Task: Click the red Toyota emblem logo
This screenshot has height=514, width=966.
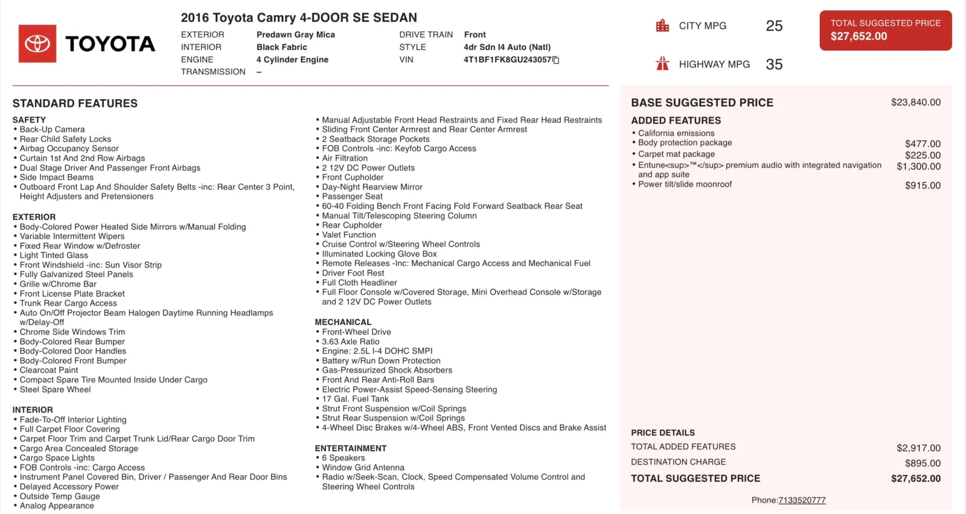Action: click(x=37, y=43)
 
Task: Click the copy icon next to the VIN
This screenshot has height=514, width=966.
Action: click(x=556, y=60)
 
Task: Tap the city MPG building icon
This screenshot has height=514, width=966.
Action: click(x=662, y=25)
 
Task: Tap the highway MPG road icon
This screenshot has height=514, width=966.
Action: click(x=662, y=63)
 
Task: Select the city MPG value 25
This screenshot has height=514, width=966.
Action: click(x=774, y=26)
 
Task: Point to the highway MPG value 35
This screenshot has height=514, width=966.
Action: click(x=774, y=65)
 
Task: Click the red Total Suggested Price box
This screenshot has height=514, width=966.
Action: click(x=885, y=30)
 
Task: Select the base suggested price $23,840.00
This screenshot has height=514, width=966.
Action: click(x=915, y=103)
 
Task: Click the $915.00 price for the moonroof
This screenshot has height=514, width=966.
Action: click(x=923, y=185)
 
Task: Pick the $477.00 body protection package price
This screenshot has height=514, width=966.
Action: click(x=923, y=144)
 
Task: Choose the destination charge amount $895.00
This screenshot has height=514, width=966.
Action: click(x=923, y=463)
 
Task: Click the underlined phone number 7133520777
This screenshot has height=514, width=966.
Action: click(x=802, y=500)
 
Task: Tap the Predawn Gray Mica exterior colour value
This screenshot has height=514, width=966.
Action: click(x=296, y=35)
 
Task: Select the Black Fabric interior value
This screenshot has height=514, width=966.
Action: click(x=282, y=47)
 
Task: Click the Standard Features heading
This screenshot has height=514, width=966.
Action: click(x=75, y=103)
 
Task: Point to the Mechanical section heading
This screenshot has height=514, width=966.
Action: click(x=343, y=322)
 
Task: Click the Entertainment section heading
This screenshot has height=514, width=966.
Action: click(x=351, y=448)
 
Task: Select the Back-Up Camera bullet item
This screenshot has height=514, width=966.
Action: click(x=52, y=129)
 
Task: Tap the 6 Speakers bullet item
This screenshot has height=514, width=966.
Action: click(x=343, y=458)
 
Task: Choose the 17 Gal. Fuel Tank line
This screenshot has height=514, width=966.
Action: click(x=355, y=399)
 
